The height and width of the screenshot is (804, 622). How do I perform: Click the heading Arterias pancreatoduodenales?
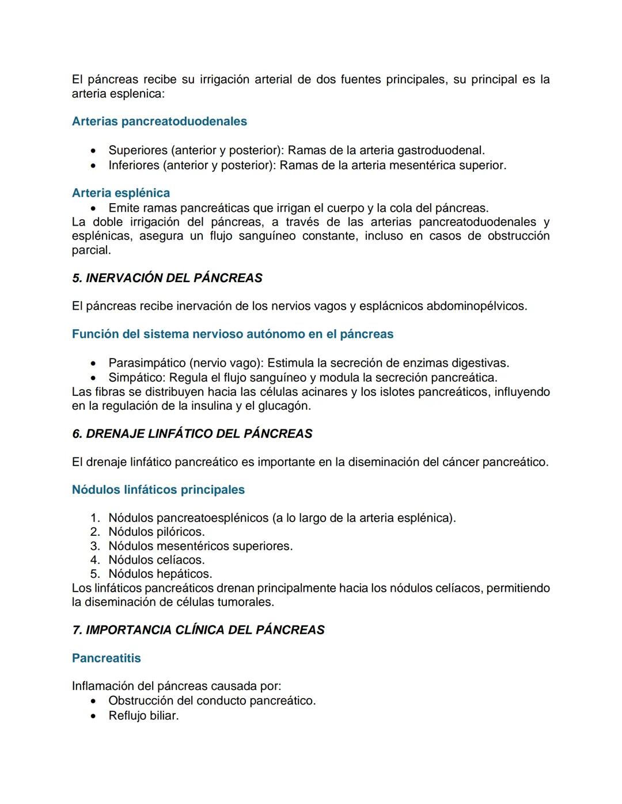click(159, 121)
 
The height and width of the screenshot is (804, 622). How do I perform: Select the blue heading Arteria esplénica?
click(121, 193)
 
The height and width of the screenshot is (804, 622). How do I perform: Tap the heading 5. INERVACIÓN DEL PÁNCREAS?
click(167, 278)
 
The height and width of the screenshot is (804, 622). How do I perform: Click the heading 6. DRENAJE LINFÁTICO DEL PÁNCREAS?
click(192, 434)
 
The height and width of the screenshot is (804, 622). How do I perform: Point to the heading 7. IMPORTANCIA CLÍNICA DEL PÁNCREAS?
click(198, 630)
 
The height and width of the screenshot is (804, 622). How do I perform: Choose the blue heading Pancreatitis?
click(106, 658)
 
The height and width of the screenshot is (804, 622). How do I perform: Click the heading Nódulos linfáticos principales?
click(158, 490)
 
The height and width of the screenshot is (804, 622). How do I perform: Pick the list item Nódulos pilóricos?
click(157, 532)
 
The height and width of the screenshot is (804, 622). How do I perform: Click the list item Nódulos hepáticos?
click(160, 574)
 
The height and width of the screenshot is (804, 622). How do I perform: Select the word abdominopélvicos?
click(476, 306)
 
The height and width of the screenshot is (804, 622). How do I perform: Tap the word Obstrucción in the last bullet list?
click(141, 701)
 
